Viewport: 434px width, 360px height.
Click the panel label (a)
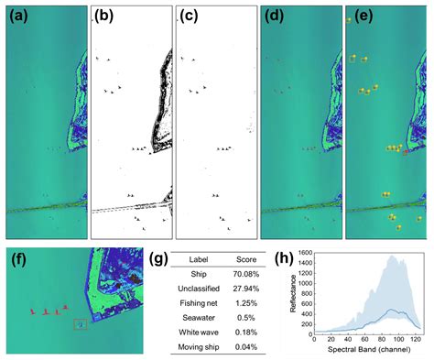(17, 16)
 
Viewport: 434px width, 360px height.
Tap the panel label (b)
(104, 16)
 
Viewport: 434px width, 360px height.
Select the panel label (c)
(190, 16)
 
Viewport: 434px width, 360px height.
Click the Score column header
(234, 257)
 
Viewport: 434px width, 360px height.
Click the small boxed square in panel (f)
(81, 323)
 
